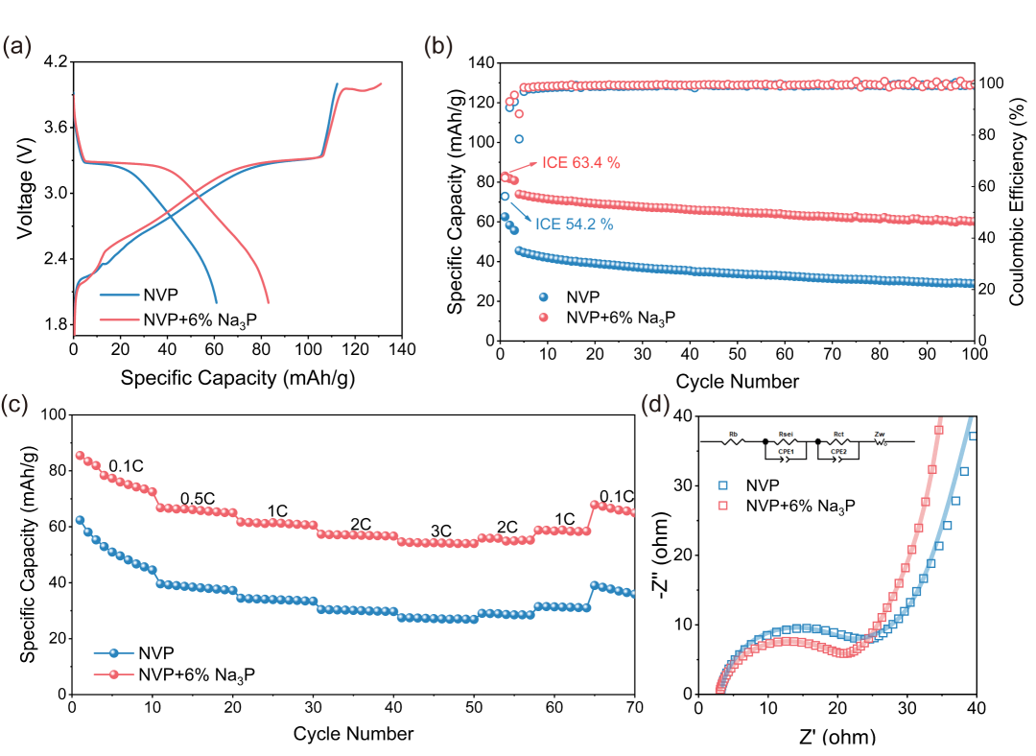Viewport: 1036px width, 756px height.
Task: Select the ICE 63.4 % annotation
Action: [x=581, y=163]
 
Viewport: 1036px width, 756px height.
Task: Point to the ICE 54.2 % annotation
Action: [x=574, y=225]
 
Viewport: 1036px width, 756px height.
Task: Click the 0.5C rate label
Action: [x=199, y=498]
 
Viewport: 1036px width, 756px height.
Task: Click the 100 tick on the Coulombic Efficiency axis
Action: [x=994, y=83]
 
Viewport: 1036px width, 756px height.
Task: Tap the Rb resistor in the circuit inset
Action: [x=734, y=442]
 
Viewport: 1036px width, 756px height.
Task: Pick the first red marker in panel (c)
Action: [x=81, y=456]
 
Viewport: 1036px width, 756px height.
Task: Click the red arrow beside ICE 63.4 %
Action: [x=526, y=169]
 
